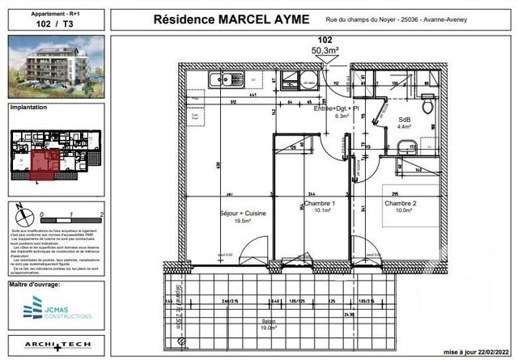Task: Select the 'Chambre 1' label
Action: (x=314, y=206)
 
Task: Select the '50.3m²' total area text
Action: (x=325, y=50)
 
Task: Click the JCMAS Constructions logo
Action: (x=56, y=307)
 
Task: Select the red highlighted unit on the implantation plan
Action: (x=49, y=160)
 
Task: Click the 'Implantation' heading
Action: (x=29, y=107)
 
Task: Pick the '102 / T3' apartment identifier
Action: (x=56, y=24)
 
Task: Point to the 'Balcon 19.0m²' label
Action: (x=268, y=326)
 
